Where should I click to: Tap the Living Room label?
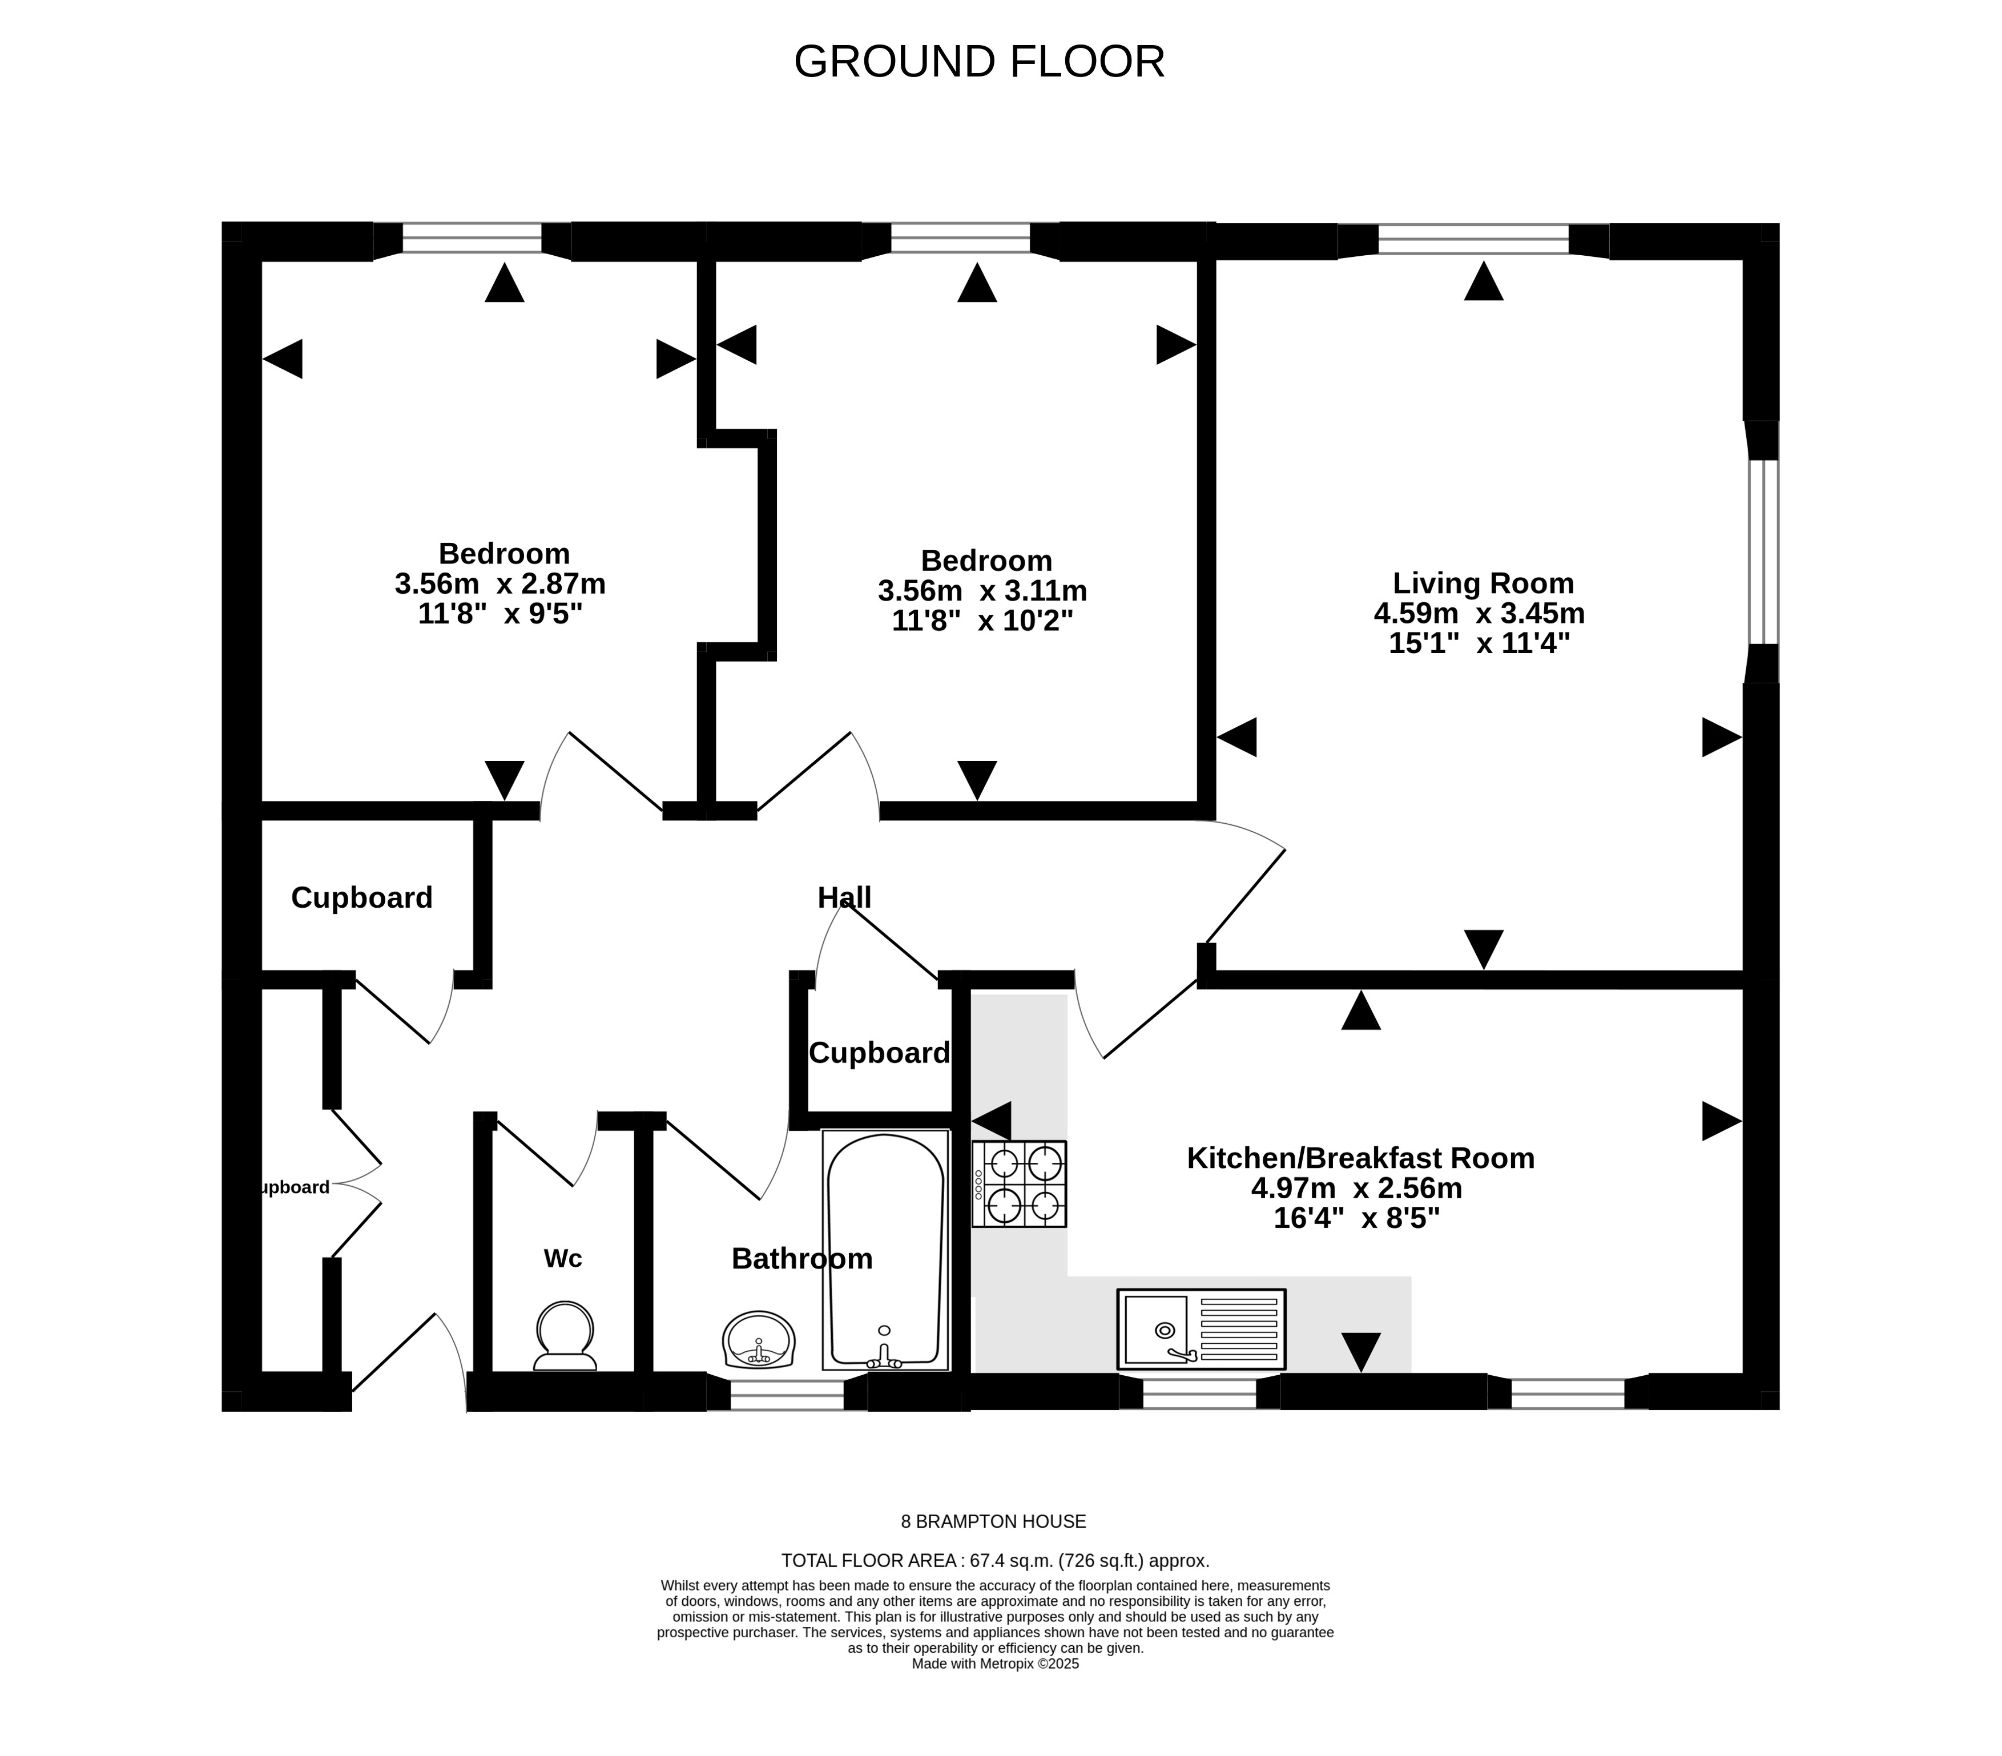tap(1483, 583)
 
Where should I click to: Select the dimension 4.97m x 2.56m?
tap(1356, 1188)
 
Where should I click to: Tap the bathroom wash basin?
tap(758, 1339)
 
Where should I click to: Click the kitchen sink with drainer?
tap(1201, 1329)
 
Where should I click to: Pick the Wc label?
tap(563, 1258)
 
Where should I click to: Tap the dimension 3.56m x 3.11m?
tap(982, 590)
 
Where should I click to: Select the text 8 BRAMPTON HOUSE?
tap(993, 1522)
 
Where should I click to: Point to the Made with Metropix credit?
tap(995, 1664)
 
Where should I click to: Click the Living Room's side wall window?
tap(1762, 551)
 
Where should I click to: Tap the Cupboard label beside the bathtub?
tap(879, 1053)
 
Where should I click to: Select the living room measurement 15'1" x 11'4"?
tap(1479, 643)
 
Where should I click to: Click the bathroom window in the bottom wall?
tap(787, 1393)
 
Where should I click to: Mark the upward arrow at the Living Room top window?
tap(1484, 280)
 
